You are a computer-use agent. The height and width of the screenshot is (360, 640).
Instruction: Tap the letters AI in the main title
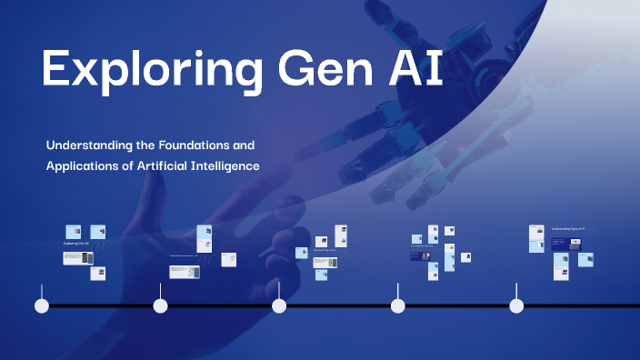(415, 70)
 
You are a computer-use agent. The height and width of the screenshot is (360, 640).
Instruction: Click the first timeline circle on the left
(42, 305)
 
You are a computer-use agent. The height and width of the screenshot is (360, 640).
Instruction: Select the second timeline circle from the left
(161, 305)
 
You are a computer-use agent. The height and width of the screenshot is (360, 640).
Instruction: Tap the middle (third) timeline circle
(279, 305)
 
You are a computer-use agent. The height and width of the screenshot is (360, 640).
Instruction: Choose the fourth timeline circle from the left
(398, 305)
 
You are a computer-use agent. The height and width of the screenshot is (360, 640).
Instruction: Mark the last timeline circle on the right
(516, 305)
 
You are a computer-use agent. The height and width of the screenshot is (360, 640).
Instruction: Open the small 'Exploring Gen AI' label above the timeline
(76, 244)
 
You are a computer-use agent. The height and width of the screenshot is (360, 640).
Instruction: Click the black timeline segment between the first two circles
(101, 305)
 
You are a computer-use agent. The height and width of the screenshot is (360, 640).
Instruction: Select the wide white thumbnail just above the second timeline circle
(183, 271)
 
